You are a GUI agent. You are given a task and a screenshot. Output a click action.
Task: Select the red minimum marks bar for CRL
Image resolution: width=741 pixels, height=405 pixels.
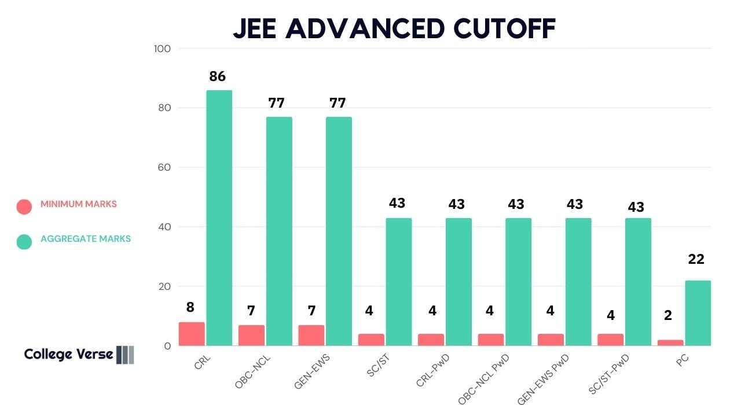[x=192, y=334]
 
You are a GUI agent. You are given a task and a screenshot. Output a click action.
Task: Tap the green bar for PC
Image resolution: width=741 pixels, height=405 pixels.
[x=698, y=313]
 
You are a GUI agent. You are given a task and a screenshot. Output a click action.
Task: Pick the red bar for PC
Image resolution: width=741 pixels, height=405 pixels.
[x=670, y=343]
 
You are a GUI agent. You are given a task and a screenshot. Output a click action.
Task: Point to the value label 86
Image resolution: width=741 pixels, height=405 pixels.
[x=217, y=76]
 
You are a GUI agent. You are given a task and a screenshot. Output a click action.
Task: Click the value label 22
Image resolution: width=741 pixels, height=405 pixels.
[x=696, y=259]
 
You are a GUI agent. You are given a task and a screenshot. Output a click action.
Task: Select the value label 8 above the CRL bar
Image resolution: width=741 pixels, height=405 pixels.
[x=190, y=307]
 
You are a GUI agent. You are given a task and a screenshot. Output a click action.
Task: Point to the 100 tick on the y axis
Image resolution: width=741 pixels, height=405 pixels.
[x=162, y=49]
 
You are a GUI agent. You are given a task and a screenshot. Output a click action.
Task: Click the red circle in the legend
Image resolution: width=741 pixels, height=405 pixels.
[x=24, y=207]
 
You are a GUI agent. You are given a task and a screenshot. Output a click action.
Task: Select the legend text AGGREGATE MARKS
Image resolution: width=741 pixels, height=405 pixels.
[x=86, y=238]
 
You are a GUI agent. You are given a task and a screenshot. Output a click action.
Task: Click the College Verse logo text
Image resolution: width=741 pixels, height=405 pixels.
[x=68, y=354]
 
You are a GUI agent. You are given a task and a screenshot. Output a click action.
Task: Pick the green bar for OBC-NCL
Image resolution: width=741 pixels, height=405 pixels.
[x=279, y=231]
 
